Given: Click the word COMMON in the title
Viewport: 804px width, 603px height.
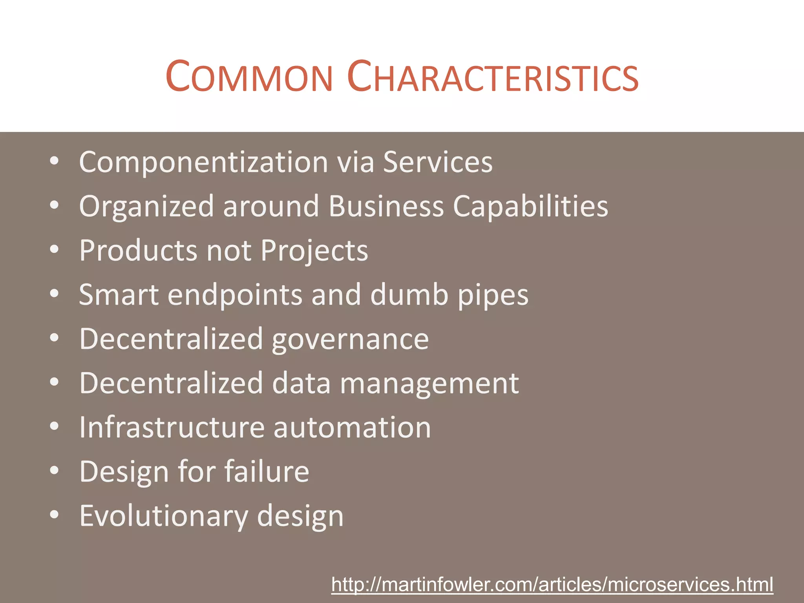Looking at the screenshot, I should [249, 77].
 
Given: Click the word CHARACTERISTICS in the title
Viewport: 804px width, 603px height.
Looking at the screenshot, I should [493, 77].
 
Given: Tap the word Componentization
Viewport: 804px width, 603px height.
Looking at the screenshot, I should [203, 162].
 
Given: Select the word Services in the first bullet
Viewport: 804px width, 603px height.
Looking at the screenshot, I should [437, 162].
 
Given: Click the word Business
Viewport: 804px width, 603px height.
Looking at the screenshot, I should [386, 206].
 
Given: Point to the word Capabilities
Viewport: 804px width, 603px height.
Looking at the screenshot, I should [530, 206].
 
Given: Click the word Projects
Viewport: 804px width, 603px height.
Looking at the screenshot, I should [314, 250].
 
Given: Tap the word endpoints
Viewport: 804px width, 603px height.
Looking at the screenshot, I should [235, 295].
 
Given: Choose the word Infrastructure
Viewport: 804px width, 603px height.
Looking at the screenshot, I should [172, 427].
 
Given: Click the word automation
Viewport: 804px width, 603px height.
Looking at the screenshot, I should [352, 427].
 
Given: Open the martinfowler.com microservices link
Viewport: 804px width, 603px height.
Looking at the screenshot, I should [552, 585].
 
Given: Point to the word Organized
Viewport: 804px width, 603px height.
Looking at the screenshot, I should [146, 206].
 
